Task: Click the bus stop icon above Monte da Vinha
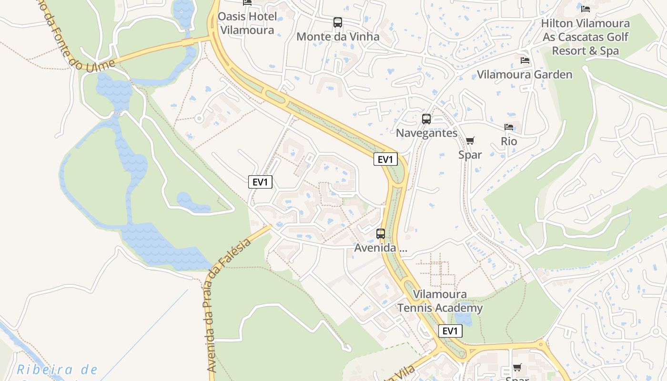click(337, 22)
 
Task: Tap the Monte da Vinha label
click(338, 37)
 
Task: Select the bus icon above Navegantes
click(426, 119)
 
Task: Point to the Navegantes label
click(426, 133)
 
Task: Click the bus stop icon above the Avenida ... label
click(380, 234)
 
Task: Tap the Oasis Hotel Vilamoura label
click(247, 23)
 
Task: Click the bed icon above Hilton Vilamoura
click(586, 9)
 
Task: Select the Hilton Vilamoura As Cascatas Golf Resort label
click(585, 37)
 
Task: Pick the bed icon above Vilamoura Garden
click(525, 60)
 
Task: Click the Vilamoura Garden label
click(525, 75)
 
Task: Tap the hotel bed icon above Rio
click(509, 127)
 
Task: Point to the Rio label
click(509, 141)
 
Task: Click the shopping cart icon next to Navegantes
click(470, 140)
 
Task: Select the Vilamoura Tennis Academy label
click(440, 301)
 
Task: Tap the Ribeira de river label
click(57, 370)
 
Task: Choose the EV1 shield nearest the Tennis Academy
click(450, 331)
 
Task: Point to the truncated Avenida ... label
click(380, 248)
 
